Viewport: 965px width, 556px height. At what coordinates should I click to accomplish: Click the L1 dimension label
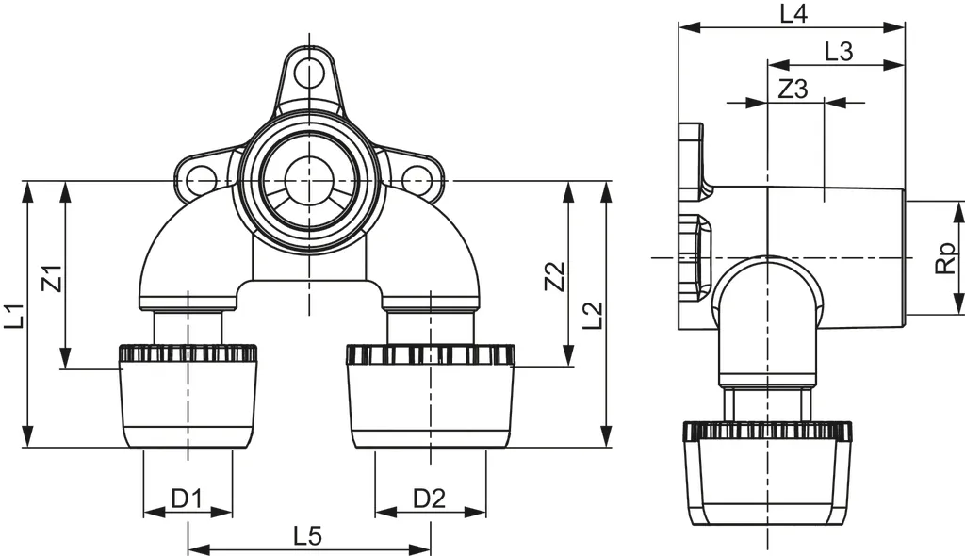point(13,315)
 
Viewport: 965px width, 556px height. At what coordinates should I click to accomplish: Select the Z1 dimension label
point(53,278)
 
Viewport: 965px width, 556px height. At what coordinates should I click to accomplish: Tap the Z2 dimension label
point(556,276)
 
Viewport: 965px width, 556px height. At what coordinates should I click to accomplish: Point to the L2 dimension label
point(593,315)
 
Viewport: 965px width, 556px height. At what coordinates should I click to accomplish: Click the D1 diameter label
point(187,498)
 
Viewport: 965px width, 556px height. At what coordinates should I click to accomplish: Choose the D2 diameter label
point(430,498)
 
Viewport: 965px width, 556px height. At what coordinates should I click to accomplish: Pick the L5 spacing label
point(308,536)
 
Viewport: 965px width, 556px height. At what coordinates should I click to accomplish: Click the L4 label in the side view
point(793,13)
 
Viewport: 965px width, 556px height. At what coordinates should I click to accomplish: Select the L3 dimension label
point(838,52)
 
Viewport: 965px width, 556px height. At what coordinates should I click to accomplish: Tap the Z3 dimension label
point(793,90)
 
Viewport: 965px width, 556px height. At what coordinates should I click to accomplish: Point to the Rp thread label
point(945,257)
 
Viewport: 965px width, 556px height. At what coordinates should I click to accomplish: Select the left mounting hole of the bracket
point(199,177)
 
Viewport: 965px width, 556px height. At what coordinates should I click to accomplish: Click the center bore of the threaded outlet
point(309,178)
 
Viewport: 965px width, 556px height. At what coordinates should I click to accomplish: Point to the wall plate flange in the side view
point(690,226)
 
